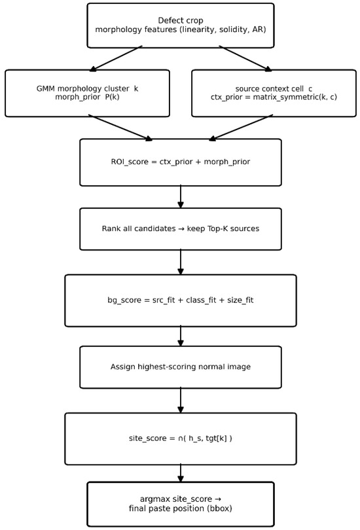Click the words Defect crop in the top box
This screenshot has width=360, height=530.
pyautogui.click(x=181, y=21)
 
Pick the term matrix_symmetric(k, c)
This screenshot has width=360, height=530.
pyautogui.click(x=295, y=97)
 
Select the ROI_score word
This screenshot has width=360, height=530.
pyautogui.click(x=130, y=162)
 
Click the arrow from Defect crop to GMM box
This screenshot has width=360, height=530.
pyautogui.click(x=116, y=58)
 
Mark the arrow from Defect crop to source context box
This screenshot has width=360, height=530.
pyautogui.click(x=245, y=58)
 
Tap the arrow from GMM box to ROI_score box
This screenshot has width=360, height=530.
pyautogui.click(x=120, y=128)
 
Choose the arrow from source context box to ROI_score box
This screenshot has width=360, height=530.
pyautogui.click(x=241, y=128)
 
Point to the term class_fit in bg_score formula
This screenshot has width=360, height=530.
pyautogui.click(x=201, y=300)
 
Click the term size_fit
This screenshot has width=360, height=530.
pyautogui.click(x=240, y=300)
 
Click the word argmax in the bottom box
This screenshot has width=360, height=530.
pyautogui.click(x=155, y=499)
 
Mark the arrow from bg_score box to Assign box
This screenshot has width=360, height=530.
pyautogui.click(x=181, y=336)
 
